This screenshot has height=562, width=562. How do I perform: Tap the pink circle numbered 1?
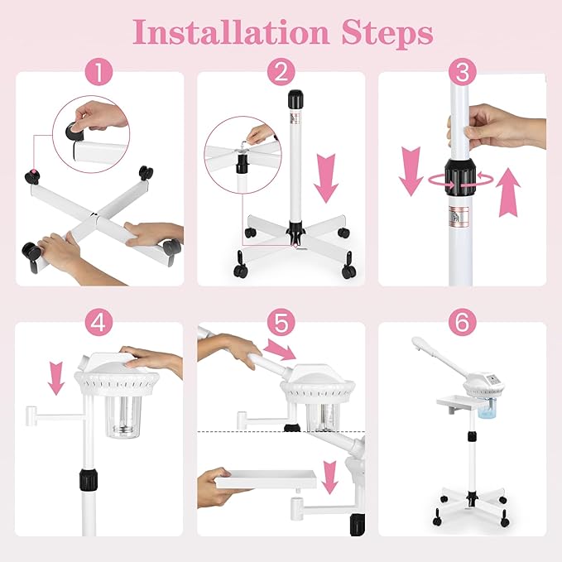[x=99, y=73]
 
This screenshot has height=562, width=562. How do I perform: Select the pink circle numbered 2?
[x=281, y=73]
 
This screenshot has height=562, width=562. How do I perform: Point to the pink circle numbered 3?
[x=462, y=73]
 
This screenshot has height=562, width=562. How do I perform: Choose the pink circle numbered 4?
[x=99, y=324]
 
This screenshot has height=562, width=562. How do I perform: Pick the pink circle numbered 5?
[x=281, y=324]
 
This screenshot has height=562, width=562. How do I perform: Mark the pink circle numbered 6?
[x=462, y=324]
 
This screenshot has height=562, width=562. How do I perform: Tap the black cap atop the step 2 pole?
[x=294, y=102]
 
